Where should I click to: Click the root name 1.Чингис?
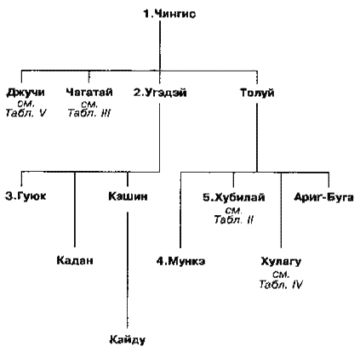(169, 14)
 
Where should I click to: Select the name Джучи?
(26, 93)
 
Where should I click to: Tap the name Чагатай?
(89, 93)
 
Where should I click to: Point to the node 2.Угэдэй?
(160, 93)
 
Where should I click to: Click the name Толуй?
(257, 93)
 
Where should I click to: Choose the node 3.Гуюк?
(26, 196)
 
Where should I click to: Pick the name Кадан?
(75, 260)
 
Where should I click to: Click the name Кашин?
(128, 196)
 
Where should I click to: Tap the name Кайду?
(128, 339)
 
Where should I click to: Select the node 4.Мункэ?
(180, 261)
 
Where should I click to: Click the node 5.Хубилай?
(234, 197)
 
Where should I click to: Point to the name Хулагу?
(281, 261)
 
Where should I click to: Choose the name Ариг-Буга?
(323, 197)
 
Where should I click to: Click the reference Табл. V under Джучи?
(26, 113)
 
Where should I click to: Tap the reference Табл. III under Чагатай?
(89, 113)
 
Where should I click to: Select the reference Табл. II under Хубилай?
(234, 219)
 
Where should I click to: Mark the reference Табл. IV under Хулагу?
(281, 284)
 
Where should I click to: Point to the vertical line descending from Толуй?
(257, 138)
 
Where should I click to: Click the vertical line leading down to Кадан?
(75, 209)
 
